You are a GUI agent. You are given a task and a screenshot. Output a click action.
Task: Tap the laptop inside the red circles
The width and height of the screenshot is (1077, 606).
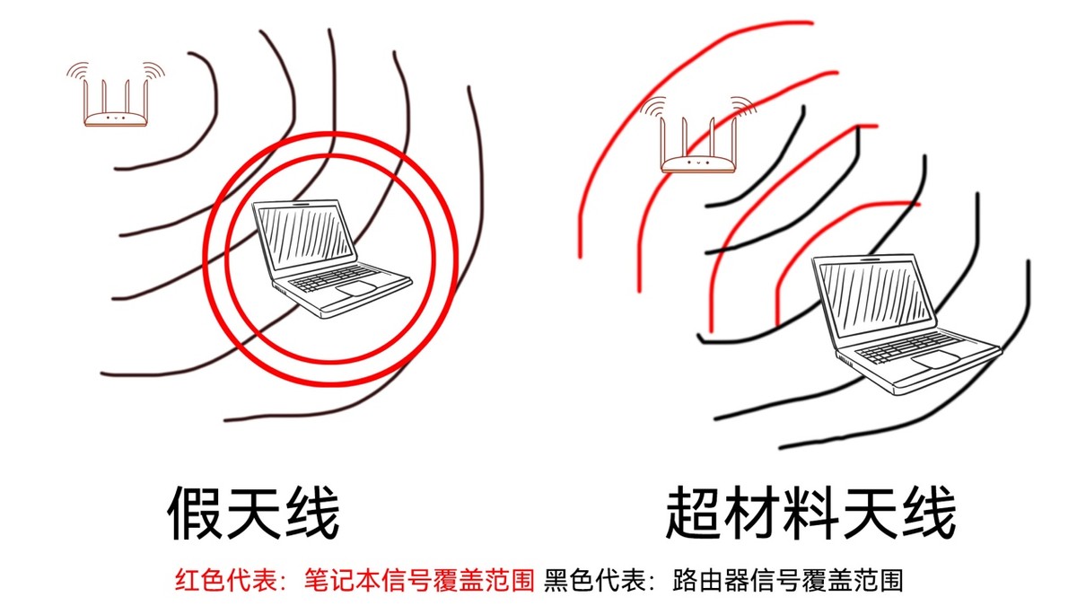(x=328, y=256)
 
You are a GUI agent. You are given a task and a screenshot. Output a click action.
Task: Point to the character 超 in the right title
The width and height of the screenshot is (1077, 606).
(x=696, y=514)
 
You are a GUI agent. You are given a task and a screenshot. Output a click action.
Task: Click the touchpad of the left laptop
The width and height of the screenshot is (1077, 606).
(x=356, y=288)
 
